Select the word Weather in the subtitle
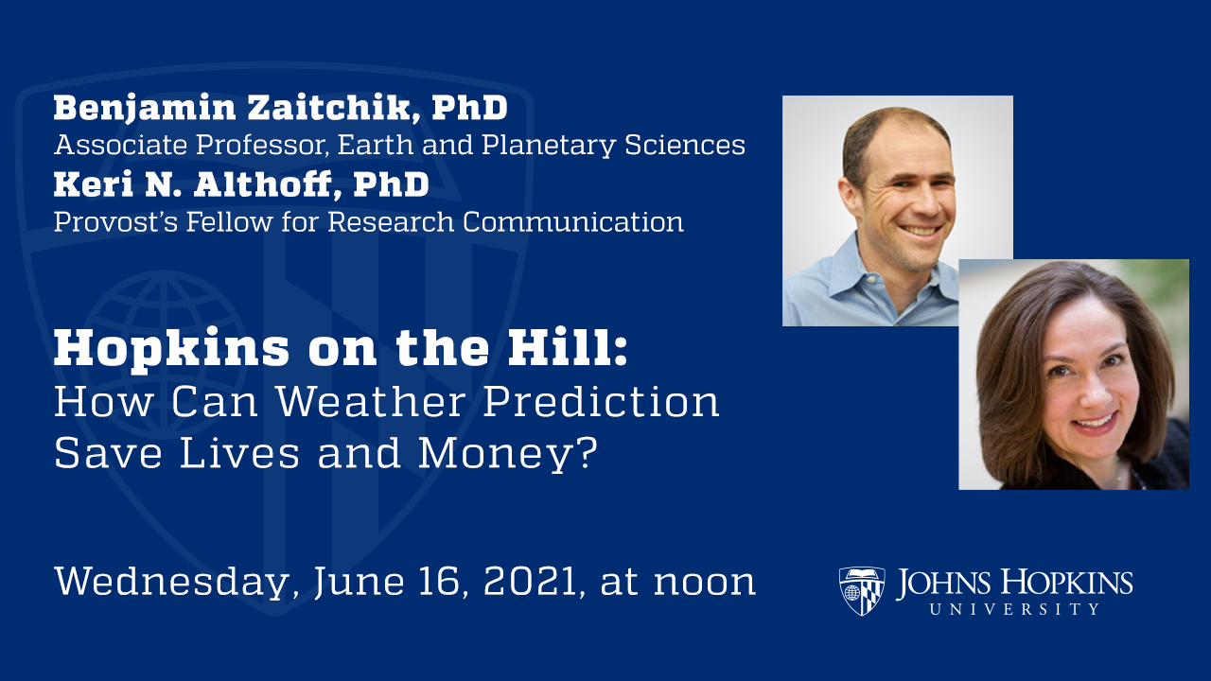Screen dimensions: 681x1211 click(x=373, y=402)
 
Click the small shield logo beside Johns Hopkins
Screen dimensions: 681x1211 click(x=861, y=591)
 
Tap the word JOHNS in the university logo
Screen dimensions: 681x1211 click(x=946, y=583)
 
